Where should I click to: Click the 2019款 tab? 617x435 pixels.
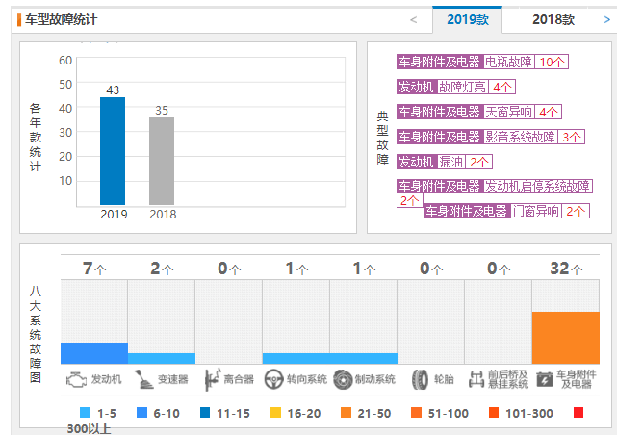(468, 19)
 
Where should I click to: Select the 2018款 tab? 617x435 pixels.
(553, 19)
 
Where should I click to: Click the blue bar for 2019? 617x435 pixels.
(113, 150)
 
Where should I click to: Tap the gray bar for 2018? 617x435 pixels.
(162, 161)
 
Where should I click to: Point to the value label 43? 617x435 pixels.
(113, 90)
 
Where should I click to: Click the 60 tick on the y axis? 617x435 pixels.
(65, 60)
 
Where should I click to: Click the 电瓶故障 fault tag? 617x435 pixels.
(508, 62)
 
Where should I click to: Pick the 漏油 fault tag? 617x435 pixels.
(452, 162)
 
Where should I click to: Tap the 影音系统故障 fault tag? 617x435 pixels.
(520, 137)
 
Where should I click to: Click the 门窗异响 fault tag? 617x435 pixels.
(536, 211)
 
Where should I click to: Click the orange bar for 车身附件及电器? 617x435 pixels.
(565, 337)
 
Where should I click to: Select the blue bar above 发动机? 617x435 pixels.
(94, 352)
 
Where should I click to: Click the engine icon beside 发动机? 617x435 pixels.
(75, 379)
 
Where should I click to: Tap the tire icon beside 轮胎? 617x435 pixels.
(420, 379)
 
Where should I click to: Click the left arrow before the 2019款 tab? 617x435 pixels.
(413, 19)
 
